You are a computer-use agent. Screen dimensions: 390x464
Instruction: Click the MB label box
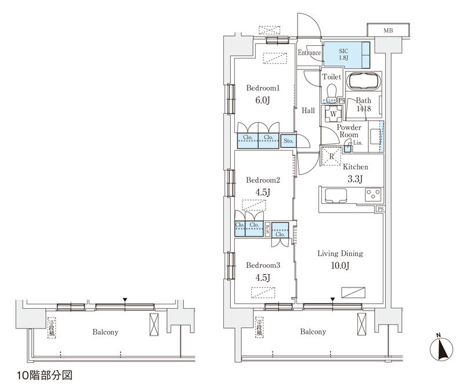pyautogui.click(x=386, y=30)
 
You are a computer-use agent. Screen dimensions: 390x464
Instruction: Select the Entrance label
pyautogui.click(x=309, y=53)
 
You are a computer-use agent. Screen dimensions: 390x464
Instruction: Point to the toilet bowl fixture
pyautogui.click(x=331, y=92)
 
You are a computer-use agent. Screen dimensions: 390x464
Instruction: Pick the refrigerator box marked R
pyautogui.click(x=331, y=156)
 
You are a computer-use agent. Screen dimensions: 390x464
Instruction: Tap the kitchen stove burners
pyautogui.click(x=372, y=195)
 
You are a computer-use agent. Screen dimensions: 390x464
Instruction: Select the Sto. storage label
pyautogui.click(x=289, y=140)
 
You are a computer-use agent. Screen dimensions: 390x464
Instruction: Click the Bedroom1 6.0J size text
pyautogui.click(x=263, y=99)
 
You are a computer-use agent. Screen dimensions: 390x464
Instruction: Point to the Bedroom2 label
pyautogui.click(x=263, y=180)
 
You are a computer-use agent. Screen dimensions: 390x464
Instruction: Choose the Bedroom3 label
pyautogui.click(x=263, y=265)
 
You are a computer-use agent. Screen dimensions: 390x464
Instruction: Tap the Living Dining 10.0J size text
pyautogui.click(x=339, y=266)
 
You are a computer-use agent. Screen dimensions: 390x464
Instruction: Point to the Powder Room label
pyautogui.click(x=350, y=131)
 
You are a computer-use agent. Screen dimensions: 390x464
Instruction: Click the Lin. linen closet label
pyautogui.click(x=357, y=143)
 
